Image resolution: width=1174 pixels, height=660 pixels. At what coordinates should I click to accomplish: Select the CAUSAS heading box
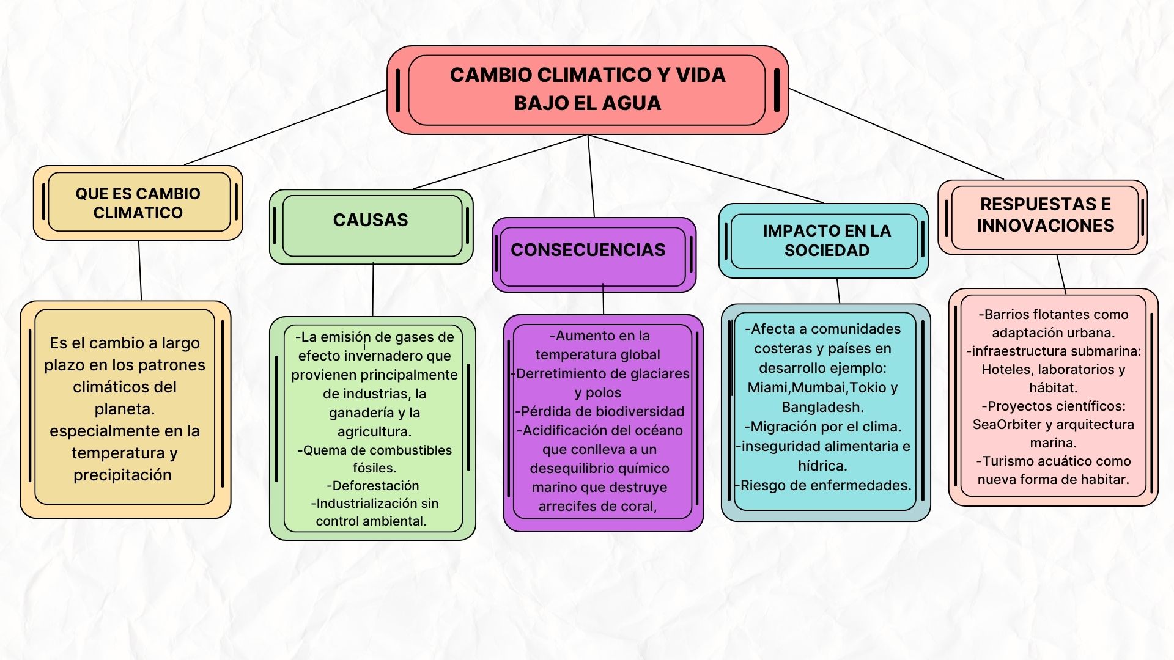pos(371,227)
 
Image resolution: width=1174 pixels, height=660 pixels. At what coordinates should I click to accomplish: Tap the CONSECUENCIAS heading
pos(588,250)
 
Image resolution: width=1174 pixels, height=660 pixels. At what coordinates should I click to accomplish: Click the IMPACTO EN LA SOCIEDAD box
pos(824,241)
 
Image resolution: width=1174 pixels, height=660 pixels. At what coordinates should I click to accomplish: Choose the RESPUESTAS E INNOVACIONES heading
pos(1046,215)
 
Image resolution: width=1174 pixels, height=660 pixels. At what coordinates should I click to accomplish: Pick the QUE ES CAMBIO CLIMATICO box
pos(138,203)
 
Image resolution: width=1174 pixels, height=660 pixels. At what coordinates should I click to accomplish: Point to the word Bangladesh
pos(822,407)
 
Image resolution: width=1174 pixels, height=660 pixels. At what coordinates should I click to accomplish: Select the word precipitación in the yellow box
pos(122,475)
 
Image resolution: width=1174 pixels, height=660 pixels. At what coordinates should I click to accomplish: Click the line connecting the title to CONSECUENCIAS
pos(591,176)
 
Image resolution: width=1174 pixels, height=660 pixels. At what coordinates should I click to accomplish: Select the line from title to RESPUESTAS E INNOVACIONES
pos(896,134)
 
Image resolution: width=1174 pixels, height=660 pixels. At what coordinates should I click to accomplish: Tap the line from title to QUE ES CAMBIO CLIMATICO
pos(285,128)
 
